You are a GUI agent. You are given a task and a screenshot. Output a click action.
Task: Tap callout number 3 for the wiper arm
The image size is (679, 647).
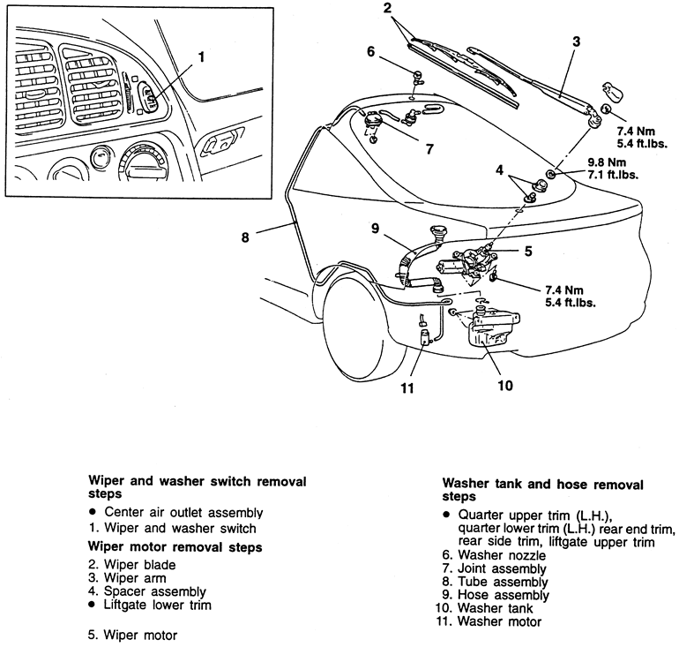[x=576, y=41]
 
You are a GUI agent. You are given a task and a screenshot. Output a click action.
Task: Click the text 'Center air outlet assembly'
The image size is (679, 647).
[x=183, y=512]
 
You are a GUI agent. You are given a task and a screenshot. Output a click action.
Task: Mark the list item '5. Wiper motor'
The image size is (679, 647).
[x=132, y=634]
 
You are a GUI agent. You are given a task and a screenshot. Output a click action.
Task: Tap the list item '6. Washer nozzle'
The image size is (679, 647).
[x=496, y=556]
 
